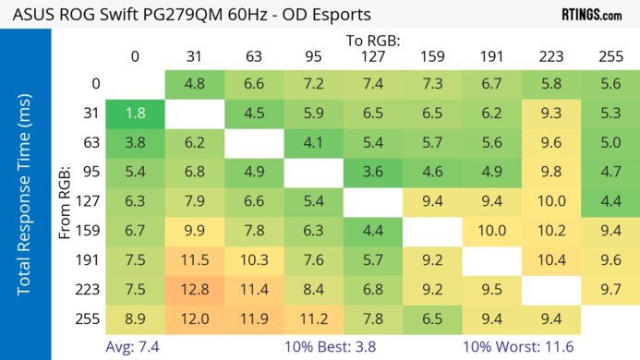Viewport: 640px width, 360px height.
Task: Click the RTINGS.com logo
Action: click(x=591, y=14)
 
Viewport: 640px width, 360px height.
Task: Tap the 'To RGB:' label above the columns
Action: click(x=373, y=41)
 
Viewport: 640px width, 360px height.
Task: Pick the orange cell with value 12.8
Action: click(x=194, y=290)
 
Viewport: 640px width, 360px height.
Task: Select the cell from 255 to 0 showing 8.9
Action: click(x=135, y=318)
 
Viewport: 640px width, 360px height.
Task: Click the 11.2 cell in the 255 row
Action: click(x=313, y=318)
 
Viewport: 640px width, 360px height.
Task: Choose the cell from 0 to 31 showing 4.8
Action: click(x=194, y=84)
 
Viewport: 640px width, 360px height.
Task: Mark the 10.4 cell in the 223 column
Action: click(x=551, y=261)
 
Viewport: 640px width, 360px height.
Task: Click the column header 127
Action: click(x=373, y=56)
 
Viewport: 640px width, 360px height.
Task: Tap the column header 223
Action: click(x=551, y=56)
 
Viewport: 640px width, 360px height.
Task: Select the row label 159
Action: click(x=91, y=231)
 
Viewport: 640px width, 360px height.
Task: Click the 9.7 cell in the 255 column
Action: click(x=610, y=290)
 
